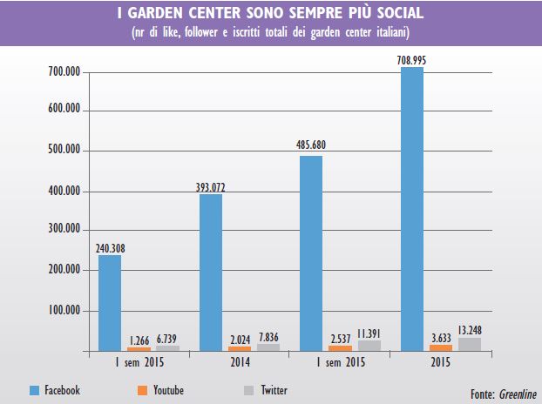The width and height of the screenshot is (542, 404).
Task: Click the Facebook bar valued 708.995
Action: tap(411, 209)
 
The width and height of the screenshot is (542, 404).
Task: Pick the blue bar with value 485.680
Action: tap(311, 253)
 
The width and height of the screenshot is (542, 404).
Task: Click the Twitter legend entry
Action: tap(266, 391)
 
